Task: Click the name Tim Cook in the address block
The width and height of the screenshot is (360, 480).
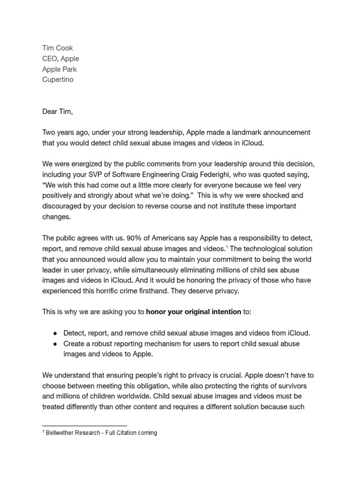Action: pyautogui.click(x=58, y=48)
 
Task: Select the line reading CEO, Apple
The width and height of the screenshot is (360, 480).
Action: pyautogui.click(x=60, y=59)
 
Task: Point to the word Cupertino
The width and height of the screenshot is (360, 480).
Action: pyautogui.click(x=58, y=79)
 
